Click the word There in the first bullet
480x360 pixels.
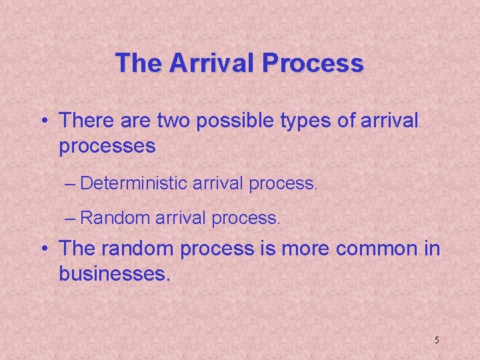pos(85,121)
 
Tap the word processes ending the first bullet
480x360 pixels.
pos(107,146)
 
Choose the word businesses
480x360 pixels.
pos(115,273)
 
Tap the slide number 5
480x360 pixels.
pos(437,340)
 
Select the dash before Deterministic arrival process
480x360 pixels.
pos(71,183)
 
